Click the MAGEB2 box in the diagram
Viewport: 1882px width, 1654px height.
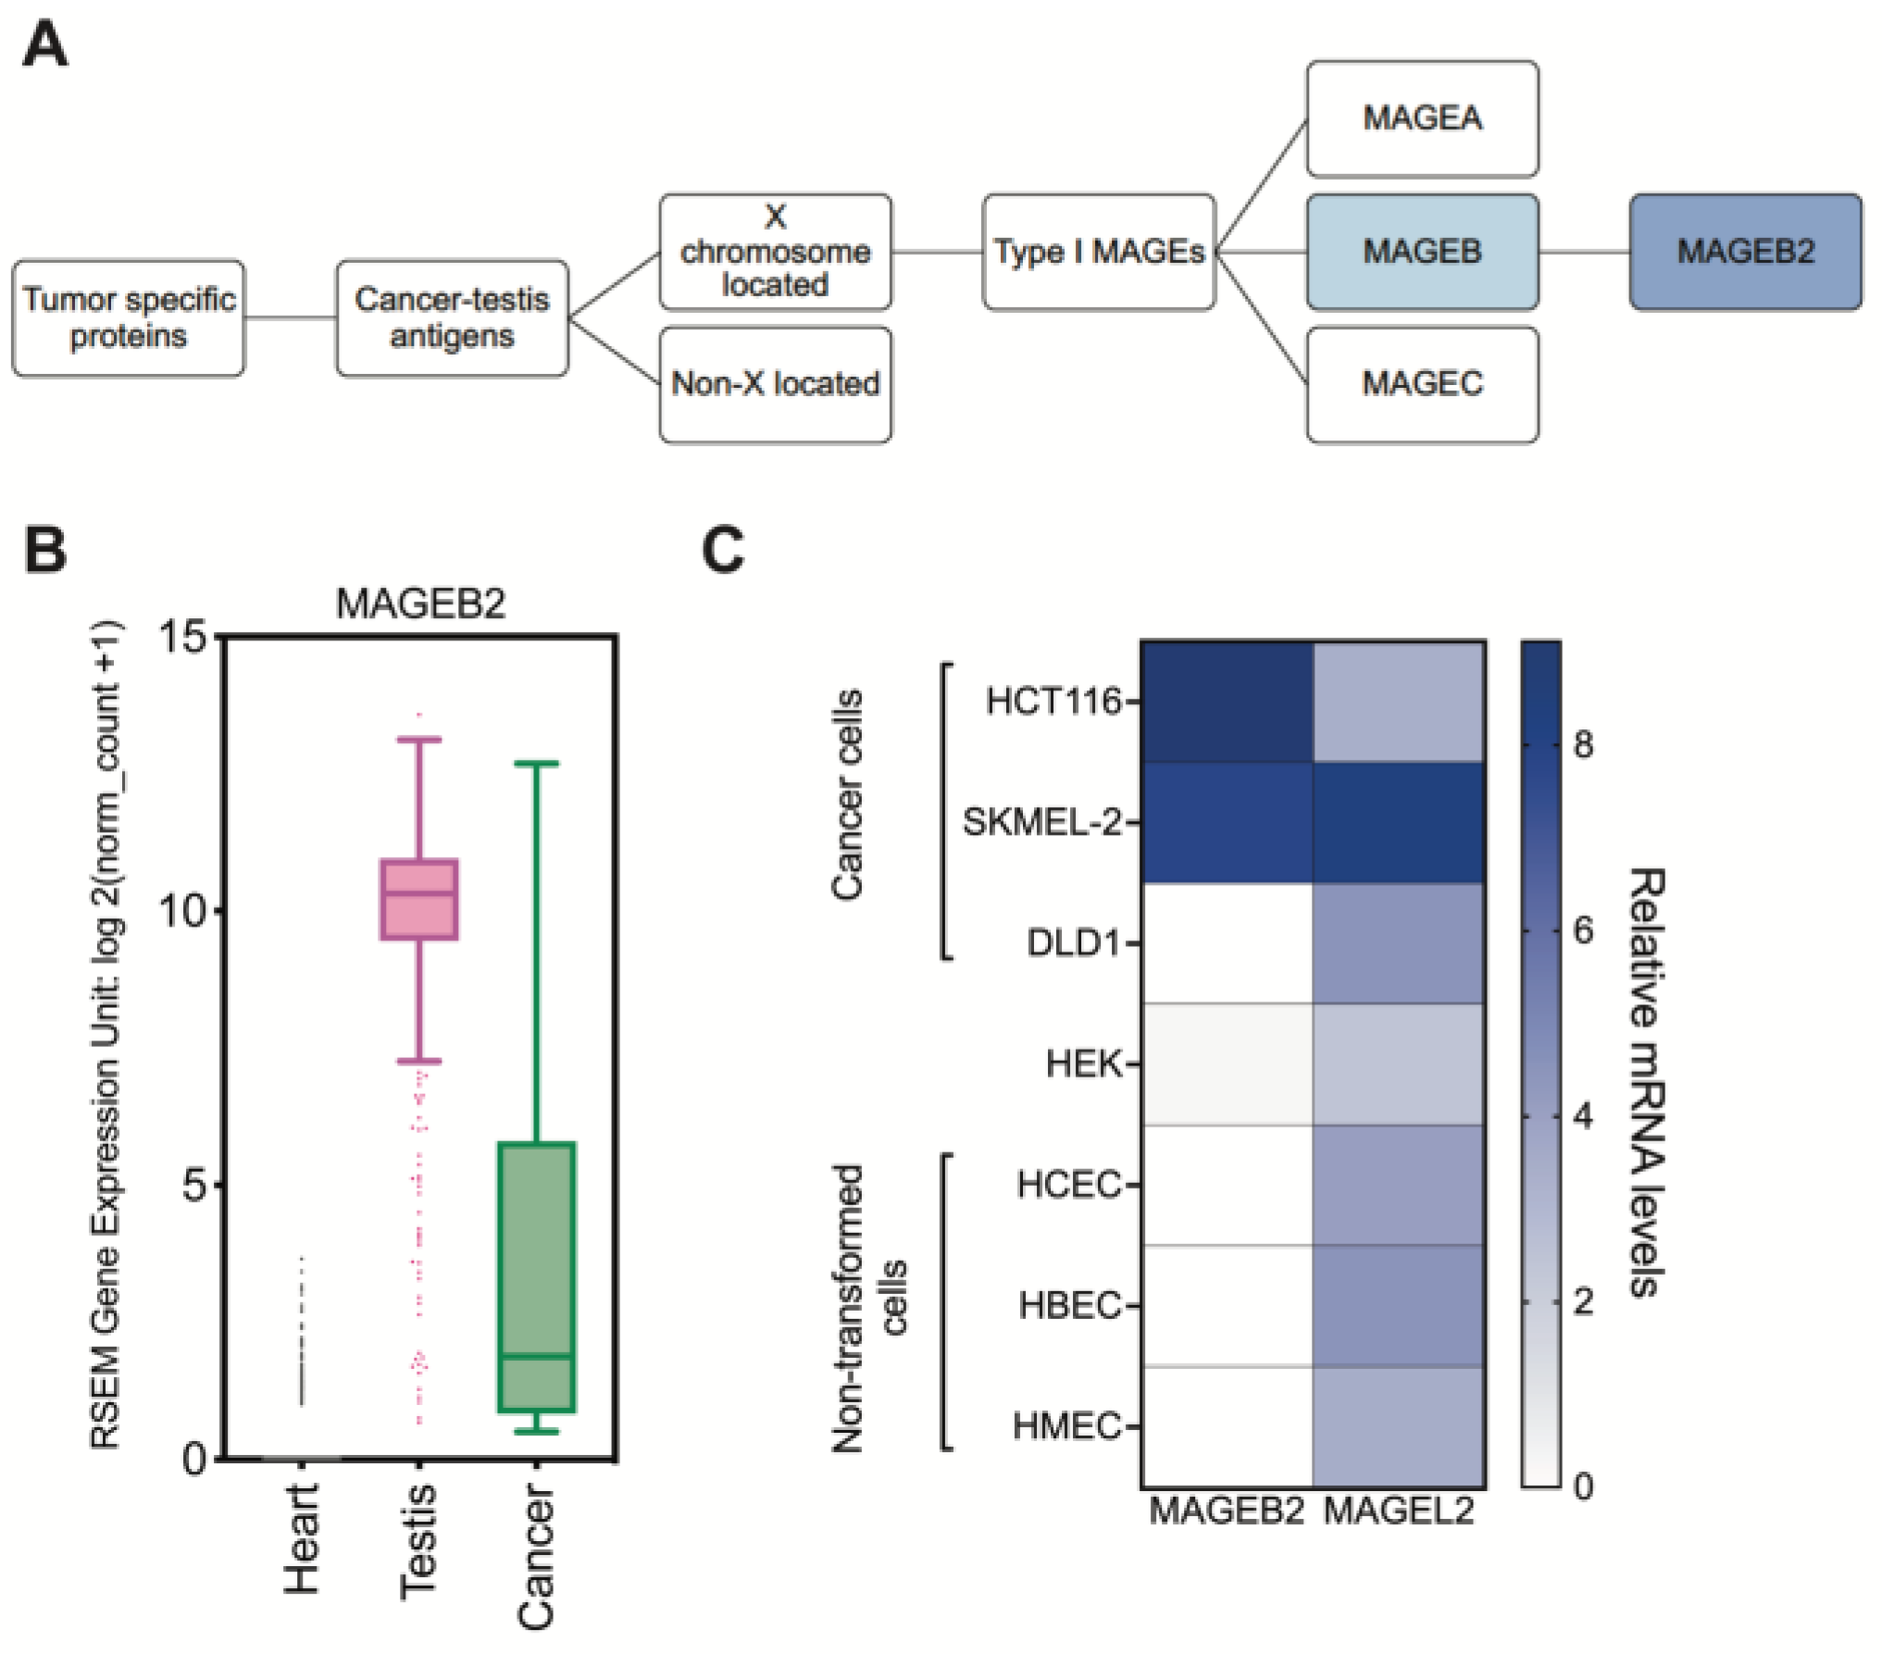(x=1745, y=252)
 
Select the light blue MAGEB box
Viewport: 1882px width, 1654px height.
(x=1422, y=252)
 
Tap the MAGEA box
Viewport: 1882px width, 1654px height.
(x=1422, y=118)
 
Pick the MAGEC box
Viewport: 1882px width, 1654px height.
(x=1422, y=383)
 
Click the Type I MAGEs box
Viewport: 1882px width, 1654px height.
(x=1099, y=252)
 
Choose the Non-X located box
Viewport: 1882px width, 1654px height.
(x=775, y=383)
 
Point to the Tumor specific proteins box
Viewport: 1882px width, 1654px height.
(x=129, y=317)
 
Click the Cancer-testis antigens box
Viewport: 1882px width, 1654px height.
(x=452, y=317)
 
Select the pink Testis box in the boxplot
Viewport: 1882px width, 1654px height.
(x=419, y=900)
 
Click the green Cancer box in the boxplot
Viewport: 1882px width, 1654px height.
(x=537, y=1277)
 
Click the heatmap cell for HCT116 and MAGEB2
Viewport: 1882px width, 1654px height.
(x=1227, y=702)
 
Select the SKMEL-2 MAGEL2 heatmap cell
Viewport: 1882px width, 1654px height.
(x=1399, y=822)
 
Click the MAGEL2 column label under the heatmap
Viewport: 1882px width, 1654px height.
(x=1398, y=1511)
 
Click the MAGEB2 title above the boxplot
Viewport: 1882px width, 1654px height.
(x=420, y=603)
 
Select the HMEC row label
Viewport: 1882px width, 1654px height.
(x=1066, y=1425)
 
